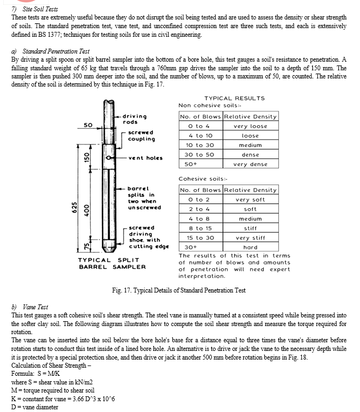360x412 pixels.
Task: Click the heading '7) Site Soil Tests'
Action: click(31, 9)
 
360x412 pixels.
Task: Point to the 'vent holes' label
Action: click(145, 158)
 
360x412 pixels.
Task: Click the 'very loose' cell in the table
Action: click(250, 126)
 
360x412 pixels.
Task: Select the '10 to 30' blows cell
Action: click(199, 145)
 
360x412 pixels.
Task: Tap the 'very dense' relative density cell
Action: click(250, 164)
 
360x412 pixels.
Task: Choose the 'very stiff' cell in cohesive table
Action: click(250, 237)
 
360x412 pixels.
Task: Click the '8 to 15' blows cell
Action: click(199, 228)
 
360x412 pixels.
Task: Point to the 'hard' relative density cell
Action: click(250, 247)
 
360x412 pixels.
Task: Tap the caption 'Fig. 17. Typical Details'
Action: click(178, 290)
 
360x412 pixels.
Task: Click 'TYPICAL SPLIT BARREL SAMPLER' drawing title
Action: click(112, 263)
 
